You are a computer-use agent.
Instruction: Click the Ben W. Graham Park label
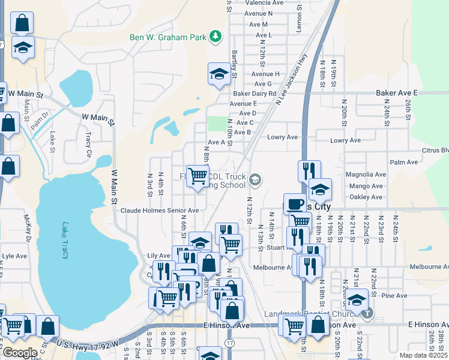tap(167, 37)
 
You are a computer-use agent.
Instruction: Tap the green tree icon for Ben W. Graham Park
tap(215, 37)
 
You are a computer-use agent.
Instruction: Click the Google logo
tap(19, 353)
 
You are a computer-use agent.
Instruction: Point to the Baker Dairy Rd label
tap(255, 94)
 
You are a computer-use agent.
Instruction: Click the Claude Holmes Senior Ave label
tap(159, 211)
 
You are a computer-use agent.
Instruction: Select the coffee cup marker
tap(294, 204)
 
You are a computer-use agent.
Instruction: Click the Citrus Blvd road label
tap(435, 150)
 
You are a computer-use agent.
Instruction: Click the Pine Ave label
tap(394, 296)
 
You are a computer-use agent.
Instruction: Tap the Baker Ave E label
tap(396, 94)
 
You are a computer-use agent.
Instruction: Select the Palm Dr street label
tap(42, 114)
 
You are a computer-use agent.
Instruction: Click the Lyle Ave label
tap(14, 256)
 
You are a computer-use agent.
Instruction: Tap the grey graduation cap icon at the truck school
tap(255, 179)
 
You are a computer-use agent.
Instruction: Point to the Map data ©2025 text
tap(424, 355)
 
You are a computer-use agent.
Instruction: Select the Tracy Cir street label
tap(88, 139)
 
